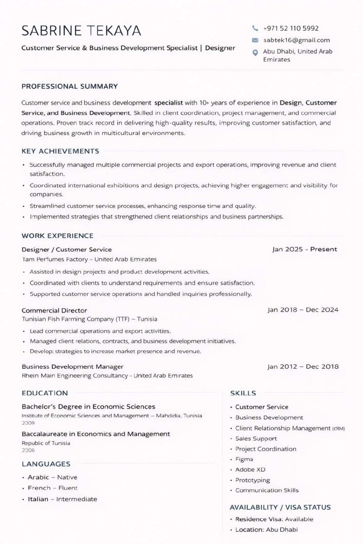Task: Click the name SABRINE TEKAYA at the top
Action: [x=81, y=31]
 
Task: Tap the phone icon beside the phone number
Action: [x=255, y=28]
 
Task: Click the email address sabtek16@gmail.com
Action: [x=296, y=40]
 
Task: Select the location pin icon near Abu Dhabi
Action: [x=255, y=53]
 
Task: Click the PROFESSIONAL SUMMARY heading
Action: [x=69, y=86]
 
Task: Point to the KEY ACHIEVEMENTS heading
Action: [x=60, y=151]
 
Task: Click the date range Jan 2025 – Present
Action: [x=305, y=249]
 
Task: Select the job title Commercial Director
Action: [x=54, y=311]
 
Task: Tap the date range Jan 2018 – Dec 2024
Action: [x=303, y=310]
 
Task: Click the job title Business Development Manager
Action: [x=72, y=367]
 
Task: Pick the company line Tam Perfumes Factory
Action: [x=89, y=259]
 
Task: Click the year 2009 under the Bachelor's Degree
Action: [x=28, y=423]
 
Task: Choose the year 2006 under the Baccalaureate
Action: [x=28, y=450]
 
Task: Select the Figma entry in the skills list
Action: [x=244, y=459]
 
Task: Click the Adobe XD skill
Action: [x=250, y=470]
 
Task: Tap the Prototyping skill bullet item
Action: [x=252, y=480]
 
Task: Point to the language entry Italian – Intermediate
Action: [x=62, y=499]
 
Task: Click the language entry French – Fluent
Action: [x=52, y=488]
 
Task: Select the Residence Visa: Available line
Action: [x=274, y=519]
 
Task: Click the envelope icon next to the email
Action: [x=255, y=40]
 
